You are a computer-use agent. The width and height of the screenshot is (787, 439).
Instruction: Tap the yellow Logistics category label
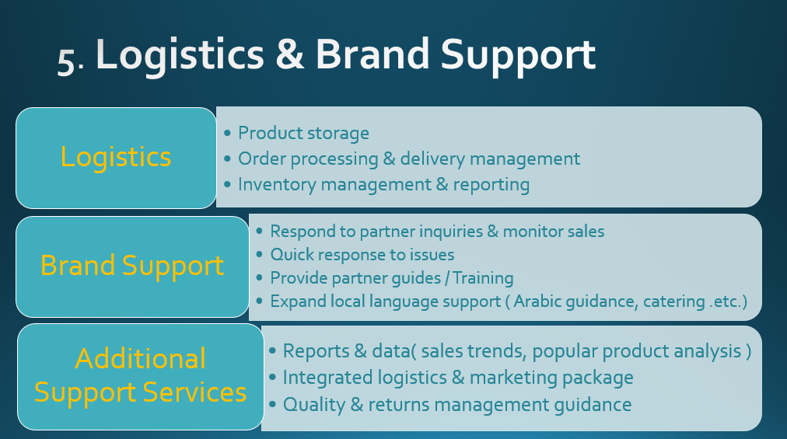[116, 157]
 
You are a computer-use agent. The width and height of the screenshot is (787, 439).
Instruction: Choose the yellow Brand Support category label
[132, 266]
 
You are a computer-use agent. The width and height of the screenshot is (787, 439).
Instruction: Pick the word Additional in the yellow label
[141, 358]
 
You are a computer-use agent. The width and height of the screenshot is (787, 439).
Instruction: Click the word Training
[484, 278]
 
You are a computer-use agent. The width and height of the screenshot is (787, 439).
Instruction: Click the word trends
[498, 351]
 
